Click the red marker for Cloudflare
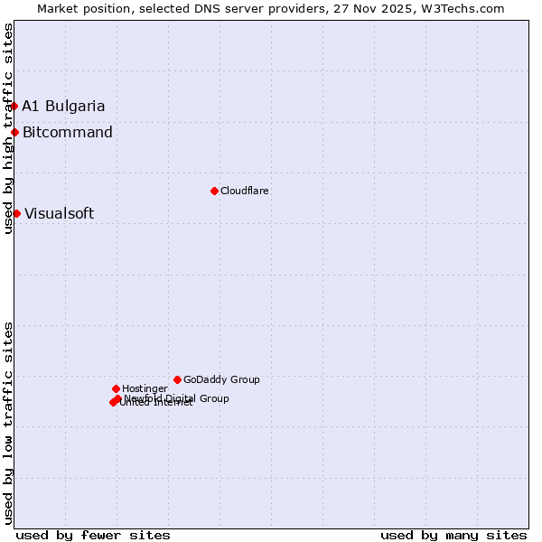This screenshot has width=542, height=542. click(214, 191)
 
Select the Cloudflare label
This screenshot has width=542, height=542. click(245, 191)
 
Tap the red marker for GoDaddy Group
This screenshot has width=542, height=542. click(177, 379)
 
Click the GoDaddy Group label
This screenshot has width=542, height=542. click(221, 379)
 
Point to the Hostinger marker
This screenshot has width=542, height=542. click(116, 388)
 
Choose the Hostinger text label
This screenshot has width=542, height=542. click(145, 388)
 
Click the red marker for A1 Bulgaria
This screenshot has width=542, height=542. click(14, 106)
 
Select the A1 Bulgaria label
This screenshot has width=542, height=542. click(63, 106)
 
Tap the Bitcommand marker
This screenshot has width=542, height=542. click(14, 132)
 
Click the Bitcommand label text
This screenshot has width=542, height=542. click(68, 133)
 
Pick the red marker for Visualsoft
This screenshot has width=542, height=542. click(16, 213)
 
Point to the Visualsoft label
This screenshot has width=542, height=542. click(59, 214)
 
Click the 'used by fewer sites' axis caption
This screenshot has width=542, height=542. click(93, 535)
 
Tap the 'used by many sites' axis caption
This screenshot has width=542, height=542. click(453, 535)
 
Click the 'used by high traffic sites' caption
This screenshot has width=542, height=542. click(8, 128)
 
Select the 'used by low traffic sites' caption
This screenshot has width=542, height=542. click(8, 422)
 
